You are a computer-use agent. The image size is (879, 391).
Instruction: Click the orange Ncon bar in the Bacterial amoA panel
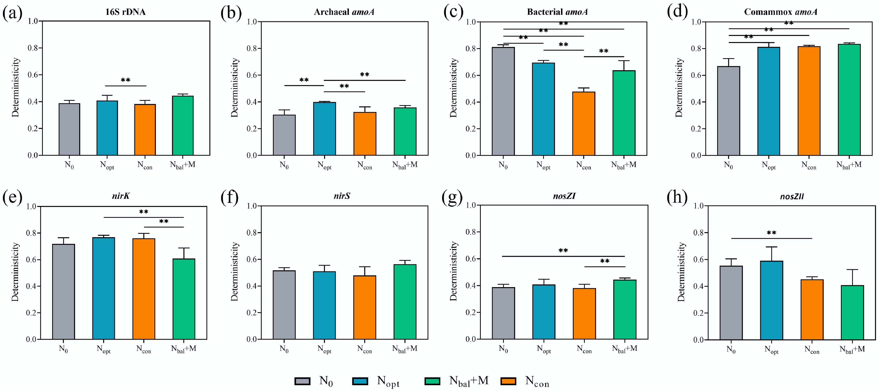584,124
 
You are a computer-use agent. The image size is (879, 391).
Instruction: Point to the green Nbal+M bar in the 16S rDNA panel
183,126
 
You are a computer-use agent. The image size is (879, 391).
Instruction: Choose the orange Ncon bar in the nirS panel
364,308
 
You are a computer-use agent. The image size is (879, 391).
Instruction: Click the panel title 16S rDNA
125,12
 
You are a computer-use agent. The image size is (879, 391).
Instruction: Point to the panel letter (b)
231,13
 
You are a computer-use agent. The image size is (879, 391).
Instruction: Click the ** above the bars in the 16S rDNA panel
125,80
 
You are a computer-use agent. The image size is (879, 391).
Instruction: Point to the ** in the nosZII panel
772,233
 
